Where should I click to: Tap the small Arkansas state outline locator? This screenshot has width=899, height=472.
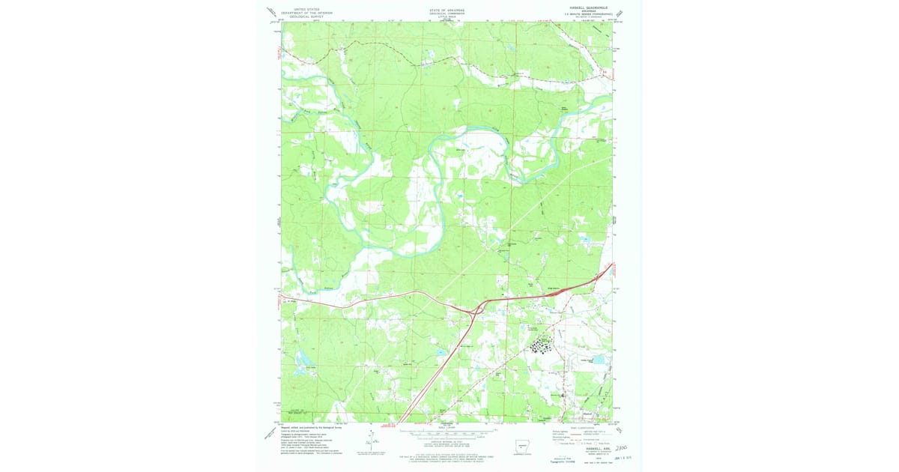[521, 440]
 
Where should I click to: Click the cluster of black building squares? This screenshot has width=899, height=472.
[542, 345]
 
